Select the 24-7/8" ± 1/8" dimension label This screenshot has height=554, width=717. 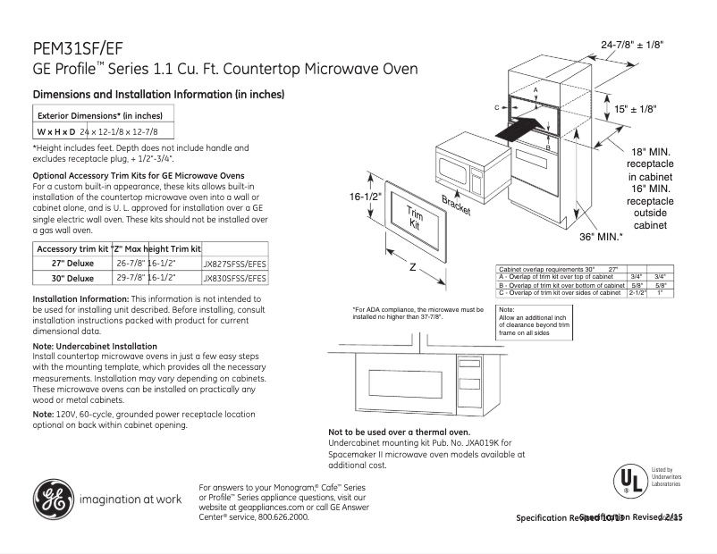click(x=633, y=44)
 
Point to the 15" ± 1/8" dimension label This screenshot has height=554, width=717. click(x=635, y=108)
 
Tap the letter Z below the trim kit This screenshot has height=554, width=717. click(x=412, y=266)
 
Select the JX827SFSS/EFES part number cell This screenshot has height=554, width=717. click(x=235, y=264)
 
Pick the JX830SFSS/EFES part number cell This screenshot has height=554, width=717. click(x=235, y=278)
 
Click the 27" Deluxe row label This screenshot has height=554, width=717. click(x=73, y=264)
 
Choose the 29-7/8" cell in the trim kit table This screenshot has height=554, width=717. click(x=131, y=278)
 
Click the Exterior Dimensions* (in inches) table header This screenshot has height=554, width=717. click(x=99, y=115)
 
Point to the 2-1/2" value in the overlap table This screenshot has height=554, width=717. click(x=637, y=292)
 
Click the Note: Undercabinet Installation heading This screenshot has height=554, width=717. click(x=95, y=346)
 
